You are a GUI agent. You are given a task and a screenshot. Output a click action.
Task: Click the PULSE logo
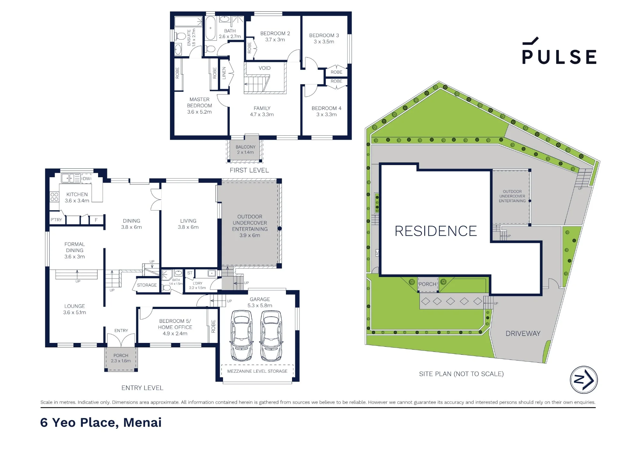point(559,51)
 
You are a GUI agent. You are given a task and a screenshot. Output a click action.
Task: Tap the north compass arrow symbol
point(584,380)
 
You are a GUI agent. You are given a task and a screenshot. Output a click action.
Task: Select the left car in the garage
point(242,335)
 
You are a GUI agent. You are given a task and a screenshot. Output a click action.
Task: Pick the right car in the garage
point(271,335)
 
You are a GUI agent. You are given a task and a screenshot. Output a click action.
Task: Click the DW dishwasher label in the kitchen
point(87,178)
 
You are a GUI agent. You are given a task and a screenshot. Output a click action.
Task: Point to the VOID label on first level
point(265,68)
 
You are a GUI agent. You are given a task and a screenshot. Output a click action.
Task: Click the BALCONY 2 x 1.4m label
point(245,150)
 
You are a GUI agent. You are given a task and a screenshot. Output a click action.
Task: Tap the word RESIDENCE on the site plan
point(436,231)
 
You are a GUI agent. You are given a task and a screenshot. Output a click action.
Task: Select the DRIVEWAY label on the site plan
point(523,333)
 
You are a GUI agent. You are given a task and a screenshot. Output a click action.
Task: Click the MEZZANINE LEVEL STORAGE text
point(257,371)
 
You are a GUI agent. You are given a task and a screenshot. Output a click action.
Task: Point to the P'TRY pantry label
point(56,220)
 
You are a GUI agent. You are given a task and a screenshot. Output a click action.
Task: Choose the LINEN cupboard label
point(224,73)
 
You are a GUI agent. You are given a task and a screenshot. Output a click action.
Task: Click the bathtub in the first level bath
point(210,28)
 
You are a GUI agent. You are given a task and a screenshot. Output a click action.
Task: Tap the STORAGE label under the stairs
point(147,285)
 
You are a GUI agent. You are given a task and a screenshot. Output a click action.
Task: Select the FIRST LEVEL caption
point(249,170)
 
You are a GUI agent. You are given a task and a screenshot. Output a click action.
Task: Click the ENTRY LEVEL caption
point(142,388)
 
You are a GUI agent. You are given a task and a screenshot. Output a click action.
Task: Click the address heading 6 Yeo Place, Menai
point(101,423)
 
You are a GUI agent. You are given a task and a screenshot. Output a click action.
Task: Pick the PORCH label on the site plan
point(427,284)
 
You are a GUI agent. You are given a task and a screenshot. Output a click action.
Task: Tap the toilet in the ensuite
point(181,36)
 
